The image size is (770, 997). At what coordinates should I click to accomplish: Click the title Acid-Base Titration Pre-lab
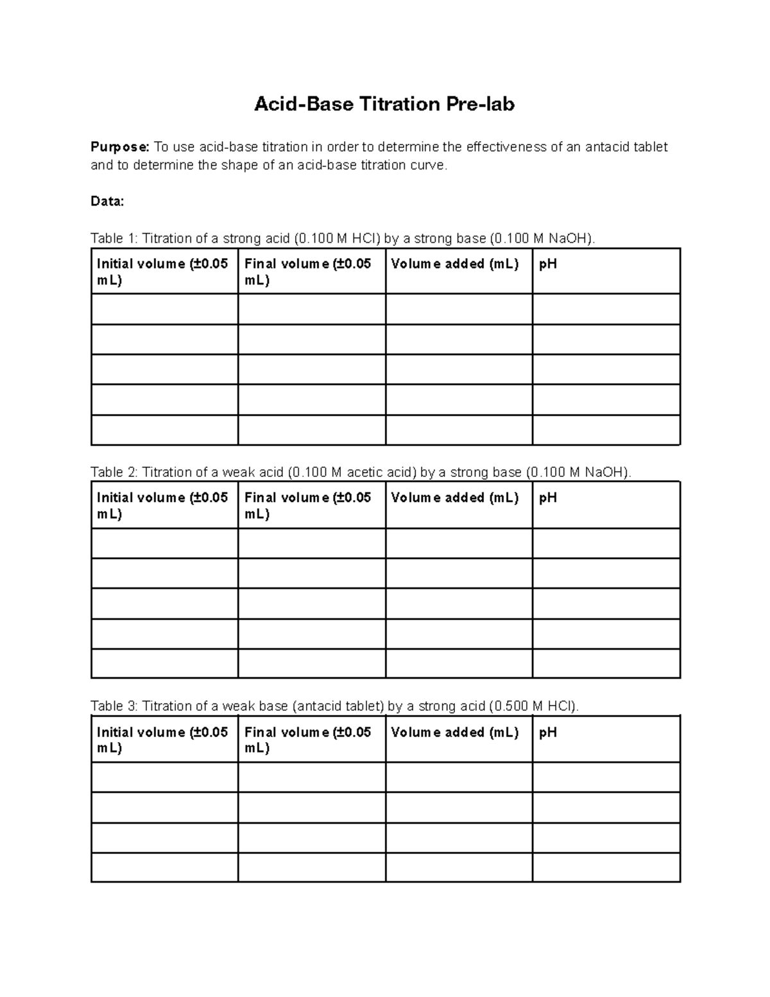point(384,104)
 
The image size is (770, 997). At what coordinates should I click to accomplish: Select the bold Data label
point(107,202)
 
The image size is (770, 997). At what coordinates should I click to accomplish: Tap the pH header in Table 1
point(548,264)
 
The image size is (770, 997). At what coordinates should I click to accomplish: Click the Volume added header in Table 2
point(454,498)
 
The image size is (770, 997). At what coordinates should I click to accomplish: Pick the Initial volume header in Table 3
point(162,740)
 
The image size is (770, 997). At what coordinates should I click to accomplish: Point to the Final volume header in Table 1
point(308,272)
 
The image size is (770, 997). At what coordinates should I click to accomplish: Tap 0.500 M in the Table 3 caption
point(510,706)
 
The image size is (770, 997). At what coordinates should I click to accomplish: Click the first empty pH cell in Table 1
point(606,309)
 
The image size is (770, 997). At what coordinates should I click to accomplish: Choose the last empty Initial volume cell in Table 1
point(165,430)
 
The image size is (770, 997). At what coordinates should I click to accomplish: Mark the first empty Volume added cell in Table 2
point(459,543)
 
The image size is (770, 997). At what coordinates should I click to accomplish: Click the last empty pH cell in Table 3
point(606,867)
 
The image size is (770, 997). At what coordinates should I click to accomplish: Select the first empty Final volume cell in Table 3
point(312,777)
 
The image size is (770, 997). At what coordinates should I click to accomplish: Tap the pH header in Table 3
point(548,733)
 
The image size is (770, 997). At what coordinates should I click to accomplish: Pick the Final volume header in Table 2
point(308,505)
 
